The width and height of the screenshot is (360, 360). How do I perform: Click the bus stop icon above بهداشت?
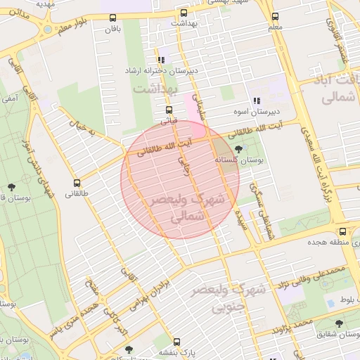click(x=184, y=13)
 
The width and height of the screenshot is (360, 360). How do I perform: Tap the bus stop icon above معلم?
click(x=275, y=17)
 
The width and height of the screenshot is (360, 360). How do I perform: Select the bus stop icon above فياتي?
click(x=168, y=110)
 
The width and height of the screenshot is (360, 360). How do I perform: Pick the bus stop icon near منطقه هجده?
click(x=342, y=231)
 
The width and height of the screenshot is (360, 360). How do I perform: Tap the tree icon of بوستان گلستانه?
click(x=239, y=149)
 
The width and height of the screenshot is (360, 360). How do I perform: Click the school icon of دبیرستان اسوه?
click(x=257, y=101)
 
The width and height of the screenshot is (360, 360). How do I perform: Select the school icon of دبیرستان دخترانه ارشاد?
click(x=162, y=60)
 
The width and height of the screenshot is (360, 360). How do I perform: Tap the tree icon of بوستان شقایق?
click(x=339, y=324)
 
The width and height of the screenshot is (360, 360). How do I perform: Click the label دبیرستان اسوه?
click(x=257, y=112)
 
